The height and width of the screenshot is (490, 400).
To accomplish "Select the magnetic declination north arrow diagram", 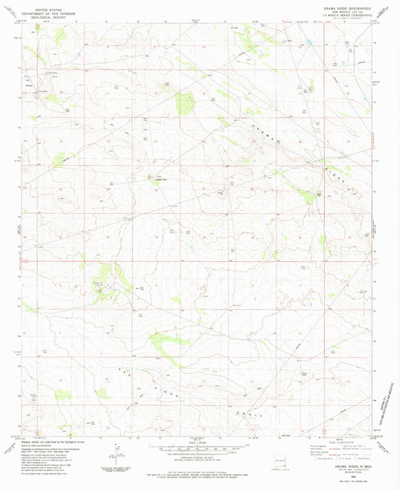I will (117, 453).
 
